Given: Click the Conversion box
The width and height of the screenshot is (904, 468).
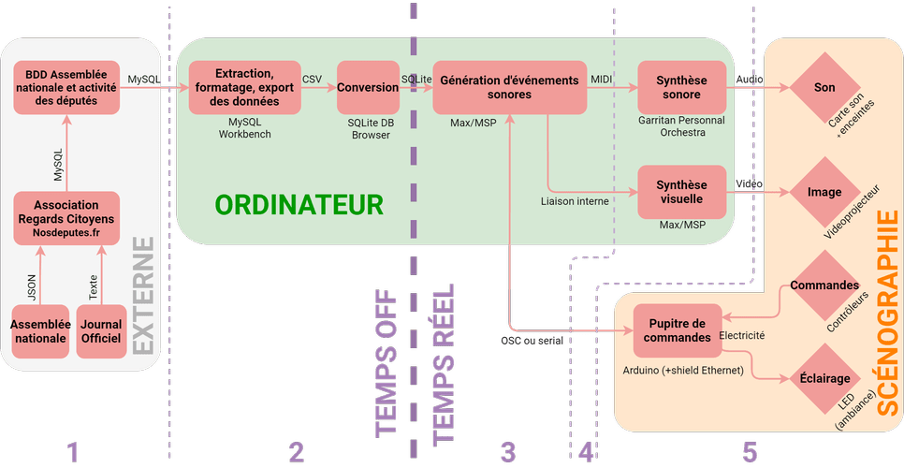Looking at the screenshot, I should (x=368, y=87).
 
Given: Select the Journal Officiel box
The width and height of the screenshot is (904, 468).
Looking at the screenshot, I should (x=100, y=330).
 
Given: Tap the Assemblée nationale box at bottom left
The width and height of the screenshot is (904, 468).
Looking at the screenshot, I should (x=39, y=330).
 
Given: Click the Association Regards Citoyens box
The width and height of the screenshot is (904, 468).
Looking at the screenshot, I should (x=66, y=216).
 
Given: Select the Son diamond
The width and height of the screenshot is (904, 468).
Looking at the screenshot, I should (x=824, y=87).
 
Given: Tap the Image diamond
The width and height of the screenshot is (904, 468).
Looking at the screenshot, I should (x=824, y=192).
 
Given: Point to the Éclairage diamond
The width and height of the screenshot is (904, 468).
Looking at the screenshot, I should (x=824, y=379).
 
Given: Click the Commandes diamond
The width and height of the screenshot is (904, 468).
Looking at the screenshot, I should (x=824, y=285).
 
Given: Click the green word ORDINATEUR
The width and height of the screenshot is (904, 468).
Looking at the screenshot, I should (x=299, y=204).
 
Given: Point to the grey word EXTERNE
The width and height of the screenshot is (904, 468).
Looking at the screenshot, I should (x=143, y=295).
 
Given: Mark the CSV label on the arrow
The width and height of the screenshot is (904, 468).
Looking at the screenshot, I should (x=312, y=79).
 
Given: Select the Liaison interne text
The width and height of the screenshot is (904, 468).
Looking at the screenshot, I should (x=576, y=200).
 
